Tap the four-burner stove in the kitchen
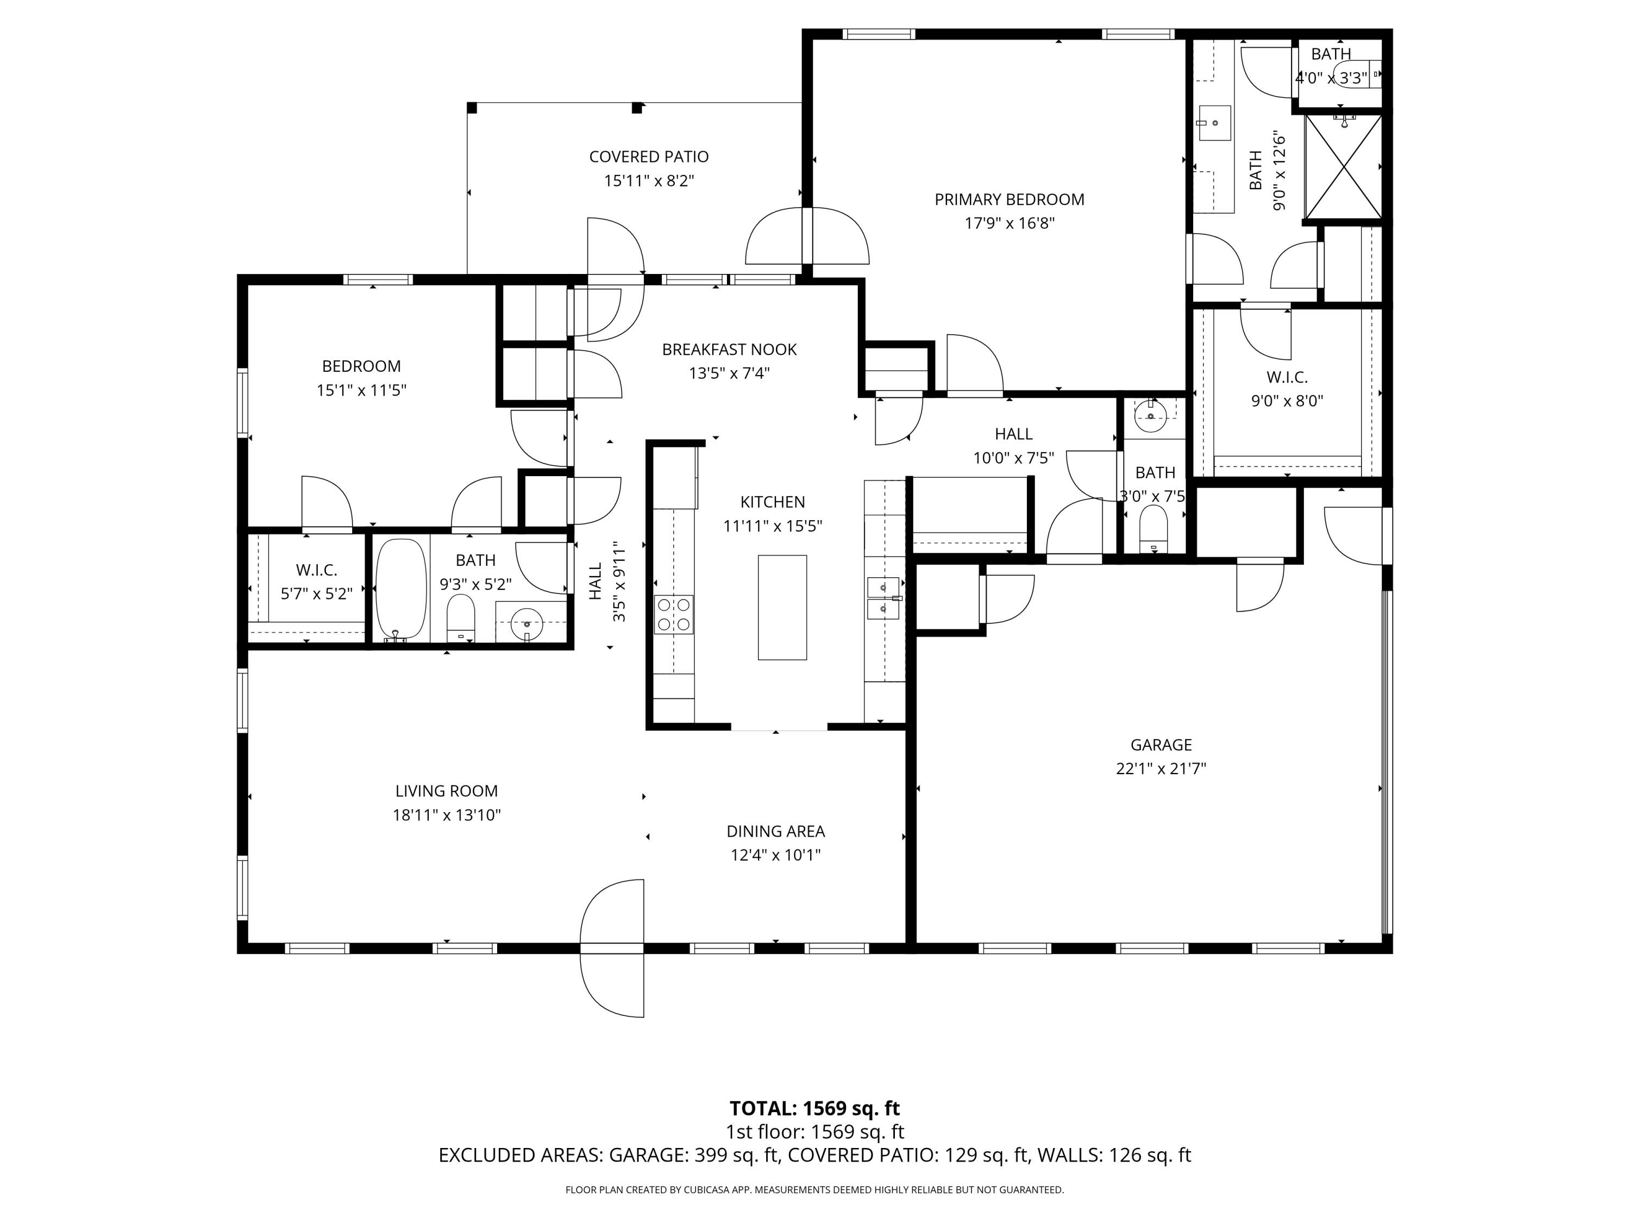pos(674,615)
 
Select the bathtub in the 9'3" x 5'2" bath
pos(402,590)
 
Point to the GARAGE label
pos(1161,745)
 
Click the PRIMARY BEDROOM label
pos(1009,199)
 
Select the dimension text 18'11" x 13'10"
pos(447,815)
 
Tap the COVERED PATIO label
pos(648,157)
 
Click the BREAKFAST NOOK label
pos(729,350)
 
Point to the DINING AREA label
pos(775,831)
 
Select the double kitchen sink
pos(883,598)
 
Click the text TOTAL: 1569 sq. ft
pos(814,1108)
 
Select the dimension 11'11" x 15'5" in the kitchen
pos(772,526)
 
